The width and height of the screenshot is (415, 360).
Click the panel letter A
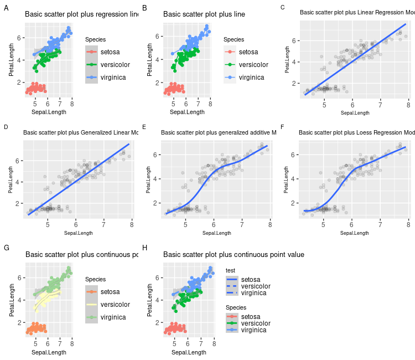[6, 8]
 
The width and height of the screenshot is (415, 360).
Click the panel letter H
[144, 248]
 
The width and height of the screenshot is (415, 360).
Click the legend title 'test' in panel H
[231, 270]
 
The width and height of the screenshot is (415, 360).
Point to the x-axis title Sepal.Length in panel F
[355, 233]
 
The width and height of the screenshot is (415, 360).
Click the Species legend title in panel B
[234, 39]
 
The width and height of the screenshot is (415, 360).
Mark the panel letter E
[144, 127]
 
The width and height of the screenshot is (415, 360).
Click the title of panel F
[356, 132]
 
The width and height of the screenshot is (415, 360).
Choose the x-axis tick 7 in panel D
[104, 226]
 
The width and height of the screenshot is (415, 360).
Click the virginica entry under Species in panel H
[253, 330]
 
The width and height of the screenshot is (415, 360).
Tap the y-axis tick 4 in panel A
[19, 60]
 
